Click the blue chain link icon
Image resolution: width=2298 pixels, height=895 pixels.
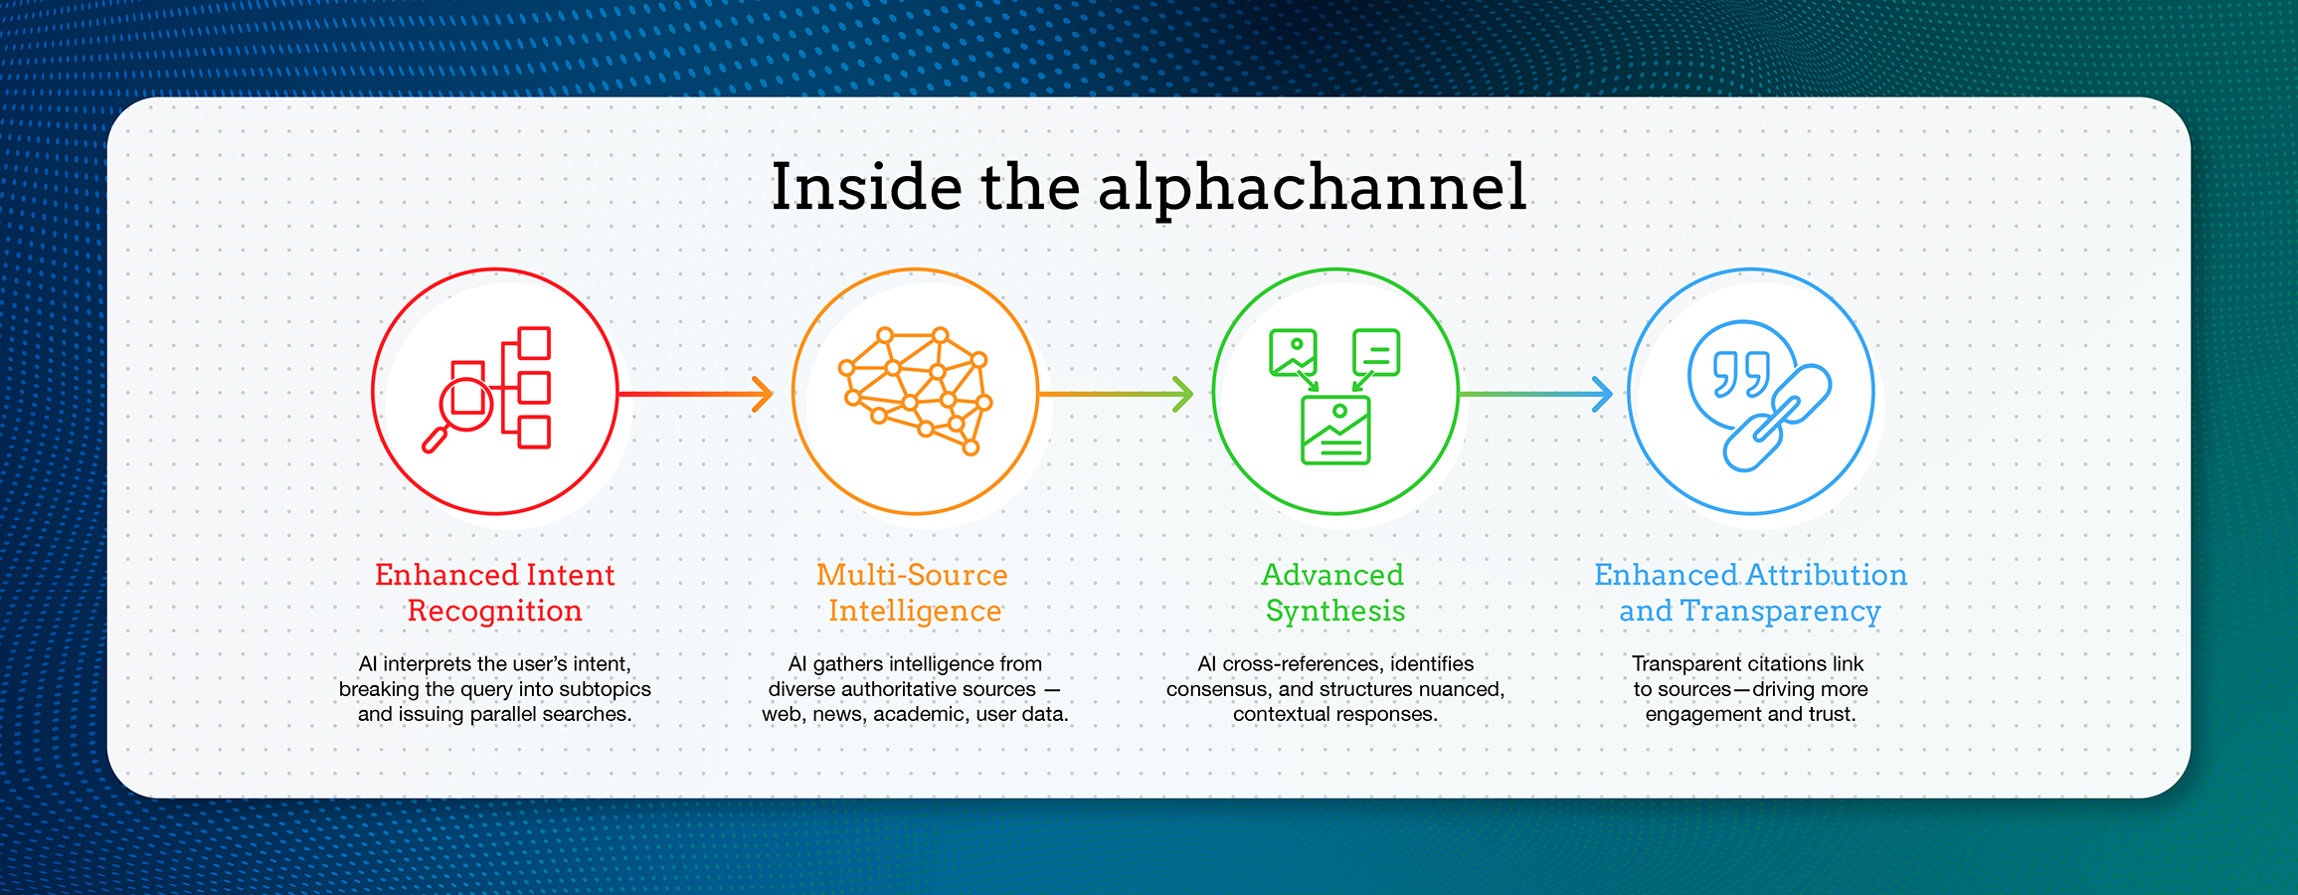coord(1777,418)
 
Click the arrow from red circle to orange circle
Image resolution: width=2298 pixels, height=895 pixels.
coord(696,394)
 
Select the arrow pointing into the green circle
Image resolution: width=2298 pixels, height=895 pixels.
coord(1116,394)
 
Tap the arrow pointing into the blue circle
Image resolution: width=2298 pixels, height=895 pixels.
coord(1535,394)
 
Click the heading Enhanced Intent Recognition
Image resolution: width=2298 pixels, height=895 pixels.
coord(494,593)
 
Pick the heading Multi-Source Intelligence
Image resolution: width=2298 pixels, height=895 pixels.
coord(913,593)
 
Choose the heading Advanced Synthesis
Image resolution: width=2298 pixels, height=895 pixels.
coord(1333,593)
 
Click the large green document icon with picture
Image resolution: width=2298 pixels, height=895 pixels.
coord(1335,430)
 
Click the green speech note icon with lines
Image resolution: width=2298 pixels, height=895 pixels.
coord(1376,353)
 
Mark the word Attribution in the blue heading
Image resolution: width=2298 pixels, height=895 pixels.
coord(1827,575)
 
